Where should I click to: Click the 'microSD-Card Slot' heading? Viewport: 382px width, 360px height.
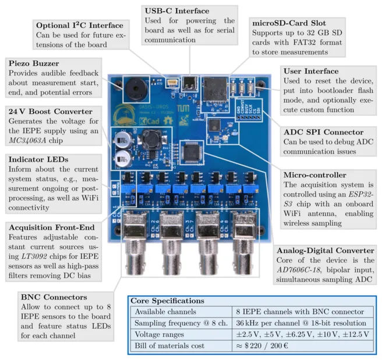pos(285,22)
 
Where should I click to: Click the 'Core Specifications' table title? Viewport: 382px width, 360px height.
pos(167,301)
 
